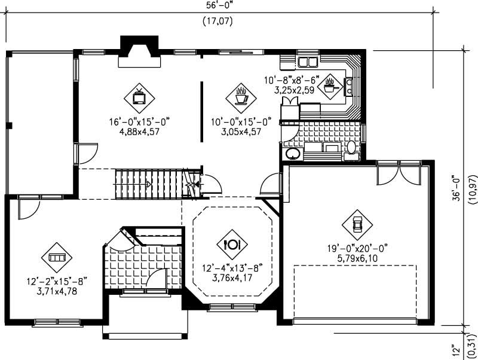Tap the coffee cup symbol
tap(241, 95)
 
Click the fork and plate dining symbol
tap(231, 243)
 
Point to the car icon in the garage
tap(357, 224)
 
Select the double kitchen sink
tap(308, 61)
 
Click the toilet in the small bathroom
tap(351, 149)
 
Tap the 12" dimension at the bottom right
tap(456, 348)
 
